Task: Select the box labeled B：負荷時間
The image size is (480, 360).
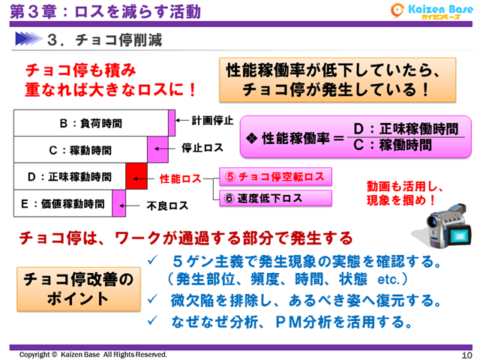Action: click(90, 122)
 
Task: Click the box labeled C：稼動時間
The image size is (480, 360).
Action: click(80, 149)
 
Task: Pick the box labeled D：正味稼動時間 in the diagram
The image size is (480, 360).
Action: click(69, 177)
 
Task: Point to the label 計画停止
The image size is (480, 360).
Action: click(212, 120)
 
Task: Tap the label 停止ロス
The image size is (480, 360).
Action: click(202, 148)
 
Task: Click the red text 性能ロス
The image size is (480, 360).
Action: click(181, 179)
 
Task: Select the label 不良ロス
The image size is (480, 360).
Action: click(166, 204)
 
